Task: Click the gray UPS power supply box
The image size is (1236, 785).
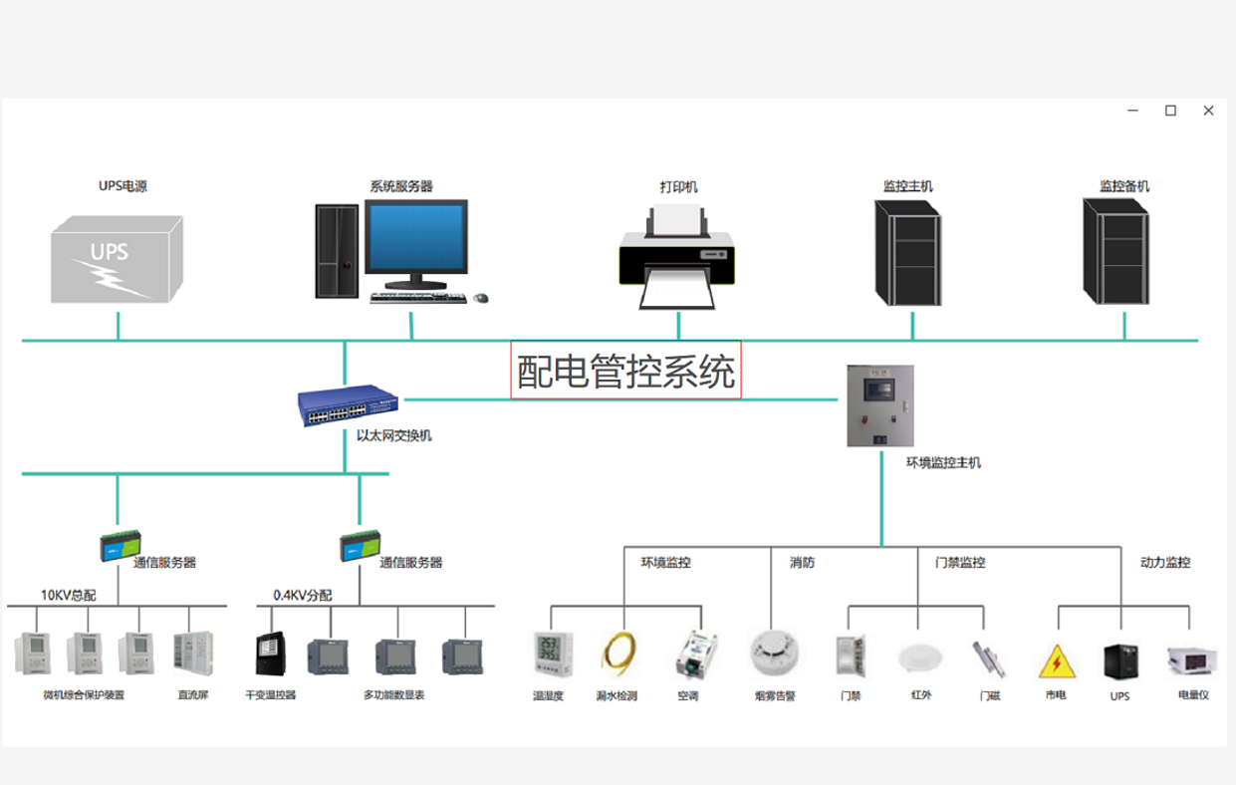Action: (117, 258)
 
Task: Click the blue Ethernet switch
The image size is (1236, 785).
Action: (349, 402)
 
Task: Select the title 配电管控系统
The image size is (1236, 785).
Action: (625, 372)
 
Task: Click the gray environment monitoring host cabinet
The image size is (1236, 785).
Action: (879, 405)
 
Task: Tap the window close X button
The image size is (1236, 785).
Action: (1208, 111)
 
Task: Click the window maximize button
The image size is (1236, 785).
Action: (1170, 111)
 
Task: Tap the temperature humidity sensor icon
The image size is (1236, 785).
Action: (551, 655)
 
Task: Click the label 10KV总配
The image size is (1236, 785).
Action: (68, 595)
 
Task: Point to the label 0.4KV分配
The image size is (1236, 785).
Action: (303, 595)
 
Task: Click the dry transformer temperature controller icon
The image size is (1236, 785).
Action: (270, 655)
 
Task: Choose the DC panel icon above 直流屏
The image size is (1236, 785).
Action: (192, 654)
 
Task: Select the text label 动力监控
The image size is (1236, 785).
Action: (1164, 562)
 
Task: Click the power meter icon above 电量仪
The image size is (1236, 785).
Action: (1191, 659)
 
